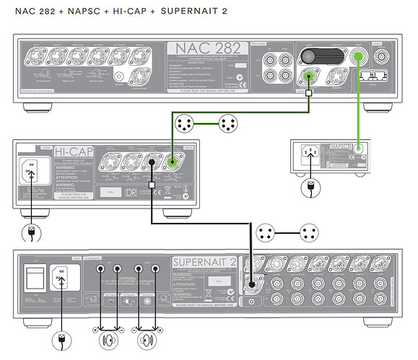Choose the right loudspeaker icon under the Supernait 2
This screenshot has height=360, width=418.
[147, 339]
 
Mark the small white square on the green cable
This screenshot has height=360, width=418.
[309, 92]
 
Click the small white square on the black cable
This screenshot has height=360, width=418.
[152, 186]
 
